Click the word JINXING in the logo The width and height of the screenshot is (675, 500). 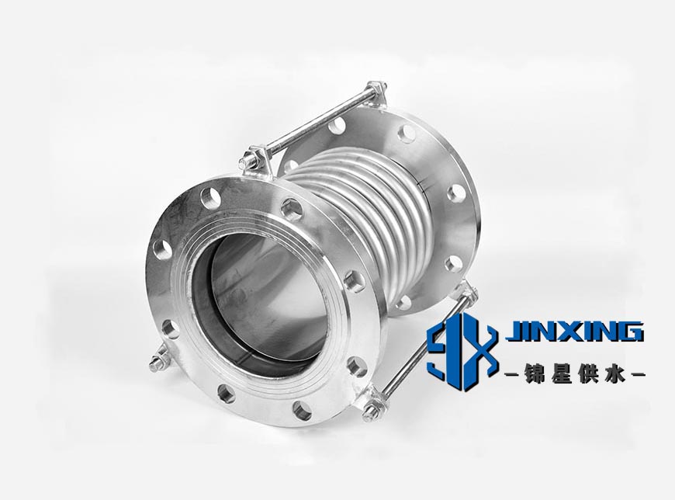pyautogui.click(x=575, y=332)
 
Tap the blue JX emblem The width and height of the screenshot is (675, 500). pyautogui.click(x=461, y=355)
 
